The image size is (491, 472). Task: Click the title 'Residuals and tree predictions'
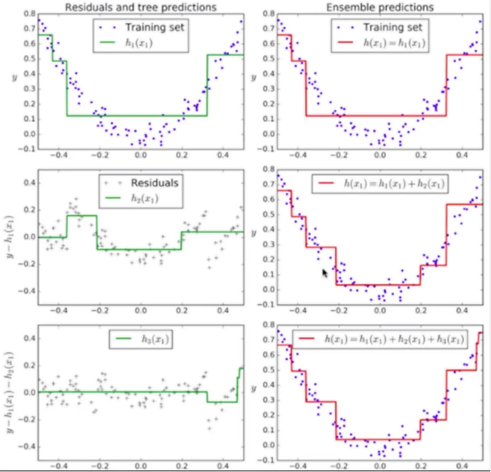(140, 7)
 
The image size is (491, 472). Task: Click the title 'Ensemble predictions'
(380, 7)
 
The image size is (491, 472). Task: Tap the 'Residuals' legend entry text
(155, 183)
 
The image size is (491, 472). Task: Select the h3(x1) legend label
(155, 339)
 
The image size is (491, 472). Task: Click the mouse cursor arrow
(325, 273)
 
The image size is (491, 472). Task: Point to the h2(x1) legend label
(145, 198)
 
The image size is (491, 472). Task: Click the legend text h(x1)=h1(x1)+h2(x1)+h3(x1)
(394, 339)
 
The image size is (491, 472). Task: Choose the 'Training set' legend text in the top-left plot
(155, 27)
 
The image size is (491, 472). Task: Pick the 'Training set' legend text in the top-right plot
(393, 27)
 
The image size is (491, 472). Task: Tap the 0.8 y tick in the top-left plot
(30, 14)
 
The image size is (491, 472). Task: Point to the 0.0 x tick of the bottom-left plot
(141, 466)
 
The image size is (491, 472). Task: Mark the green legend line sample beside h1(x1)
(107, 43)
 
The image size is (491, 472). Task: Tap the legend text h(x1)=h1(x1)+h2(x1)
(394, 184)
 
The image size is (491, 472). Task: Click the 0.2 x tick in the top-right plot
(421, 155)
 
